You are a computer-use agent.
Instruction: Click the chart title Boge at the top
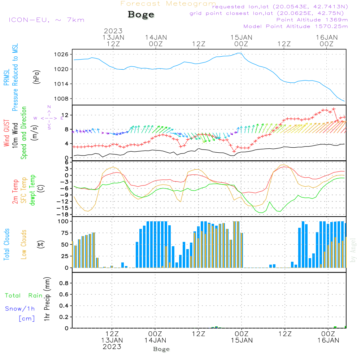coord(141,15)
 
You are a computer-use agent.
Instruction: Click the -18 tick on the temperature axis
coord(64,214)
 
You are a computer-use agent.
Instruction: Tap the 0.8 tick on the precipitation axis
coord(64,283)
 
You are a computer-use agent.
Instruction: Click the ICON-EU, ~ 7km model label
coord(46,20)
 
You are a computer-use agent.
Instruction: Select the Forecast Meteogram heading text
coord(168,4)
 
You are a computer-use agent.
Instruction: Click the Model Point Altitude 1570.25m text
coord(296,26)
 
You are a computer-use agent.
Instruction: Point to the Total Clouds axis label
coord(6,244)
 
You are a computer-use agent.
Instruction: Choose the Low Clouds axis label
coord(24,244)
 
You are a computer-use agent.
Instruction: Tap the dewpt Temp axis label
coord(32,190)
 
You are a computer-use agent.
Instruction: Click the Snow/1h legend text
coord(20,309)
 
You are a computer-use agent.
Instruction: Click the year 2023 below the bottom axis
coord(112,347)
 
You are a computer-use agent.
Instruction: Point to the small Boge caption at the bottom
coord(161,349)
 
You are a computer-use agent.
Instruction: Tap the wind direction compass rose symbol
coord(49,118)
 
